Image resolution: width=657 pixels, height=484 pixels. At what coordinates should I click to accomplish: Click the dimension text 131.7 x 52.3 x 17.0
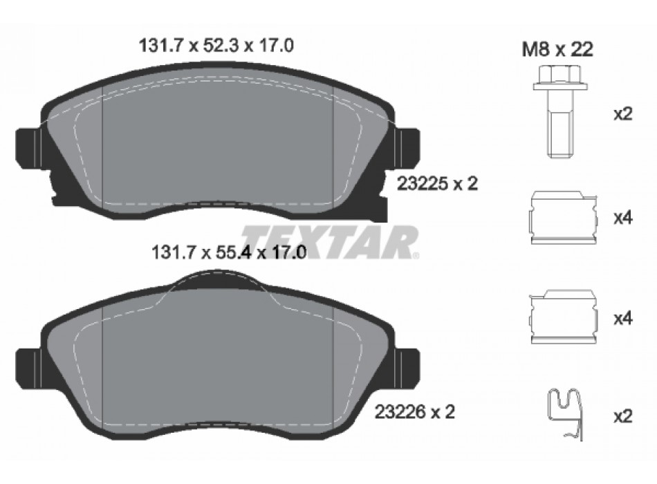216,45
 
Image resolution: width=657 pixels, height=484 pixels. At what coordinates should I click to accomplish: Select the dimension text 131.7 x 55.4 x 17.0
228,252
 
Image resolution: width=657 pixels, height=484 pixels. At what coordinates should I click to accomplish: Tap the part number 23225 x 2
437,183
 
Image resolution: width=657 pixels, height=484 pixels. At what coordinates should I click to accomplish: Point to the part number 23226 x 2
414,411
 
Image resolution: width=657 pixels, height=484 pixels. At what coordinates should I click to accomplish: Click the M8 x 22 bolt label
557,50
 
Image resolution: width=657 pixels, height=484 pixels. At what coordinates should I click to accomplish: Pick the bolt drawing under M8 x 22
561,111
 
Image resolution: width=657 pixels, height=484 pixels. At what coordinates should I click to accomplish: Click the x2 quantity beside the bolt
622,114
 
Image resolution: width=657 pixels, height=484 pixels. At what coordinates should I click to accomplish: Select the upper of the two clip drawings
562,218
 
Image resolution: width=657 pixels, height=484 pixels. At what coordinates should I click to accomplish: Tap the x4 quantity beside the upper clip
622,218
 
